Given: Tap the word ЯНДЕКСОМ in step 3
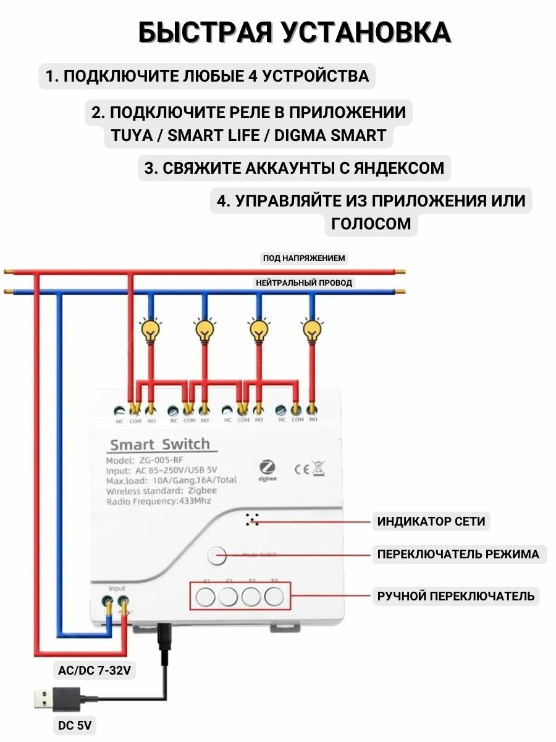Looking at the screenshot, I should [x=393, y=168].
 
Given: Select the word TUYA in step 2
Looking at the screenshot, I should [x=130, y=135].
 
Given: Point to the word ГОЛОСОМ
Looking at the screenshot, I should [x=371, y=223].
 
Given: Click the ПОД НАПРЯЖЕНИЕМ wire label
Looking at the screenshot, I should [x=304, y=258].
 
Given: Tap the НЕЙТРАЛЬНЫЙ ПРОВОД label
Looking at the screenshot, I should [x=304, y=283].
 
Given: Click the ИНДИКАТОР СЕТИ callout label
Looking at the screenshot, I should [x=431, y=521].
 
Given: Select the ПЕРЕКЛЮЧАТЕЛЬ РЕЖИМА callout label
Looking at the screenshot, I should [x=458, y=554].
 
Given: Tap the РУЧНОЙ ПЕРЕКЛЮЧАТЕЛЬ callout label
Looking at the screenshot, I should [x=456, y=597].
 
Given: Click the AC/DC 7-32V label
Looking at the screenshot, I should [x=94, y=670].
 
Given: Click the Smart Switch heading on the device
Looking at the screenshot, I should [x=159, y=444].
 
